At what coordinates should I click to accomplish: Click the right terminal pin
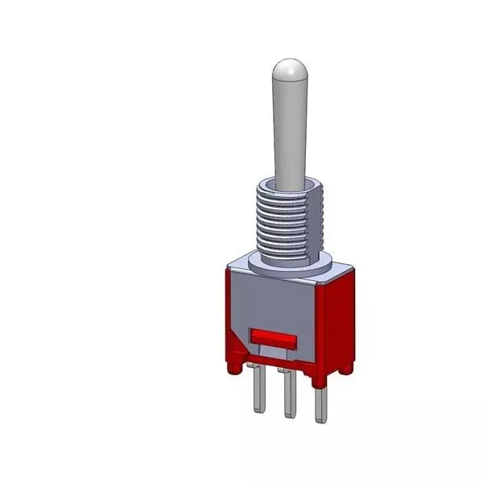(x=320, y=398)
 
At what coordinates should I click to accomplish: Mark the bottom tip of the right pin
(x=320, y=419)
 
